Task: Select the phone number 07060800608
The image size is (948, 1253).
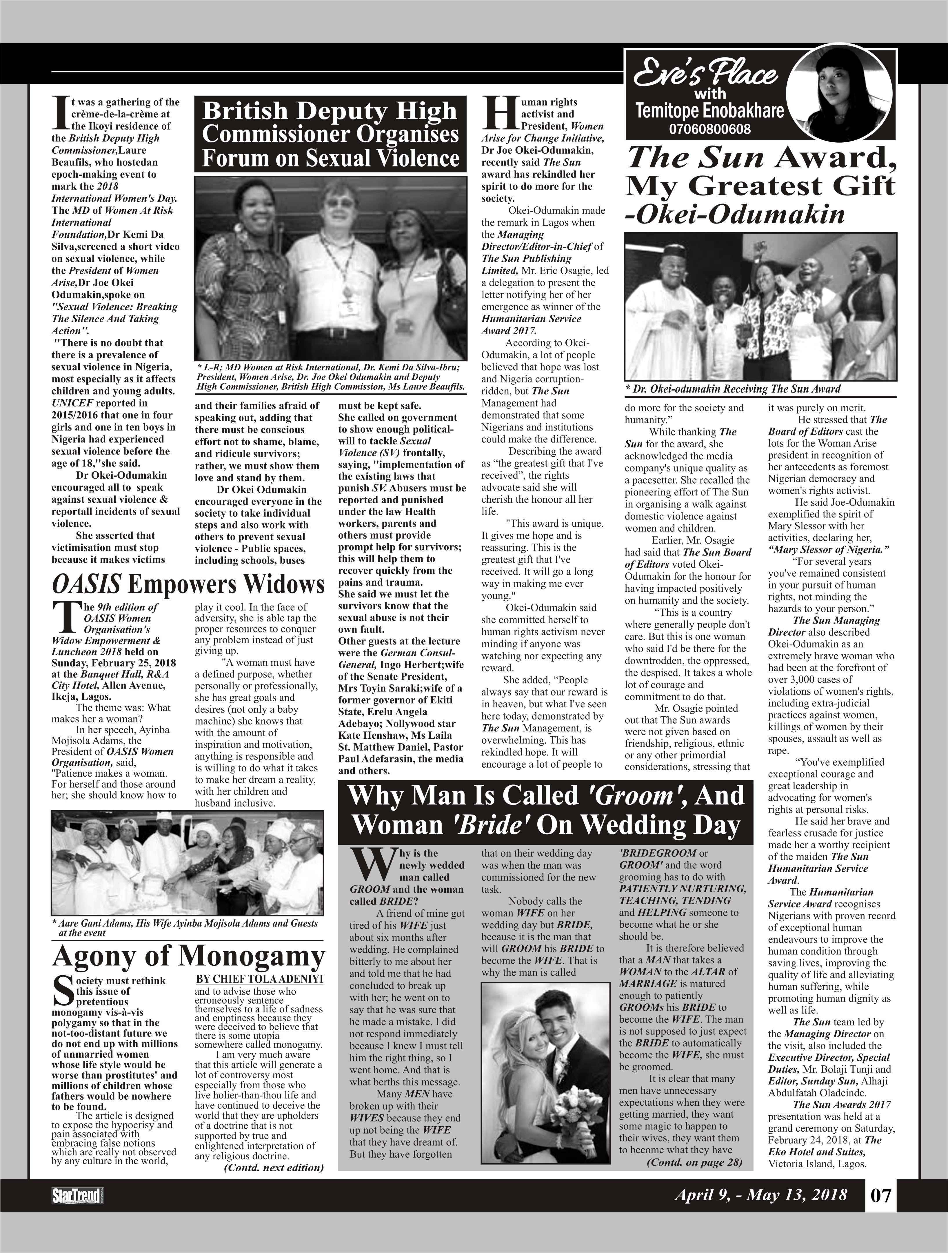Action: pos(709,129)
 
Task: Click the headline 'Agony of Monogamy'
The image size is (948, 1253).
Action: pos(188,956)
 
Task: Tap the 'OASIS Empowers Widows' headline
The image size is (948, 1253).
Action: pos(188,584)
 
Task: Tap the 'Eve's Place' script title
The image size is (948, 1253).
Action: pos(705,74)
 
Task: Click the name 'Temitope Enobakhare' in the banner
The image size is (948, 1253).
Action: pos(709,111)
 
